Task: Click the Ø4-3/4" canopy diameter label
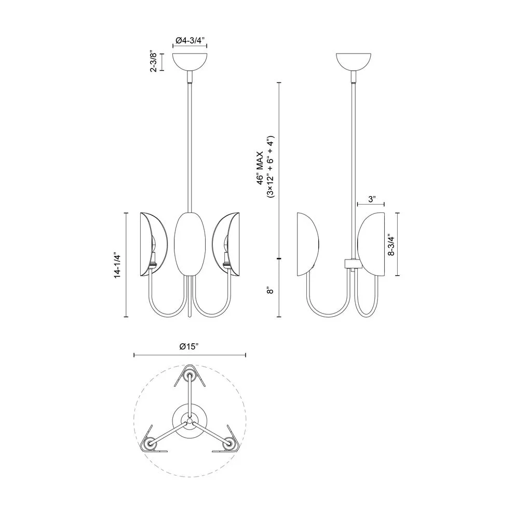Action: pyautogui.click(x=190, y=40)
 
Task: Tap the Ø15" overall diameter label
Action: pyautogui.click(x=190, y=346)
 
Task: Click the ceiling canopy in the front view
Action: pyautogui.click(x=190, y=62)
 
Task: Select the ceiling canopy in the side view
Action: pyautogui.click(x=354, y=62)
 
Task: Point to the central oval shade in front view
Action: pyautogui.click(x=190, y=244)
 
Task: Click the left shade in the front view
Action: pyautogui.click(x=154, y=244)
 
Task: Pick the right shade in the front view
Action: pyautogui.click(x=226, y=244)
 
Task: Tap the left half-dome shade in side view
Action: pyautogui.click(x=307, y=244)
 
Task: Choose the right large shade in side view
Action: pyautogui.click(x=371, y=244)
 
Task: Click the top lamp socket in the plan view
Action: pyautogui.click(x=190, y=377)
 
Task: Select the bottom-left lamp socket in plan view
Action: pyautogui.click(x=150, y=444)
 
